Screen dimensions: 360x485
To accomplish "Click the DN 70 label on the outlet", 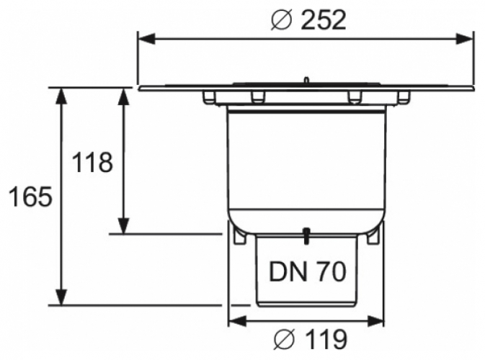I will [x=308, y=271].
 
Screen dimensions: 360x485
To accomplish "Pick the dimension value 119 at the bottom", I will [x=324, y=338].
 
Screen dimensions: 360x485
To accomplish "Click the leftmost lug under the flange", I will [x=209, y=97].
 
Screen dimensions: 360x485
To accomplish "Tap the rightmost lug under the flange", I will [x=404, y=97].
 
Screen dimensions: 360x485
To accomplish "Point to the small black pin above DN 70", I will [x=307, y=235].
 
